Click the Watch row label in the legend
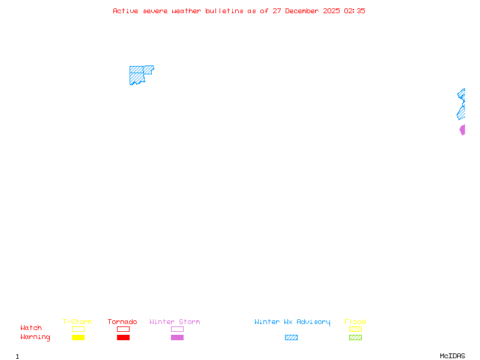tap(31, 328)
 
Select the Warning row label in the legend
tap(35, 337)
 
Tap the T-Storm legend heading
tap(77, 322)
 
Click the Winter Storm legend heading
tap(175, 322)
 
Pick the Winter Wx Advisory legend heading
tap(292, 322)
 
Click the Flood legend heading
tap(355, 322)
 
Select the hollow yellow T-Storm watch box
tap(78, 329)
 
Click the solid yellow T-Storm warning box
tap(78, 338)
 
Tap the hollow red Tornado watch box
tap(123, 329)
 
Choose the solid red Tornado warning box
tap(123, 338)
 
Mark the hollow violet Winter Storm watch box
tap(177, 329)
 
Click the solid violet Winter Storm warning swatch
tap(177, 338)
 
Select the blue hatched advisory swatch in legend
tap(291, 338)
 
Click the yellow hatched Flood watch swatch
tap(355, 329)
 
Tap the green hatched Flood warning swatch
tap(355, 338)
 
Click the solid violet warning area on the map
tap(463, 130)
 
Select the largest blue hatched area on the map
tap(137, 76)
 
